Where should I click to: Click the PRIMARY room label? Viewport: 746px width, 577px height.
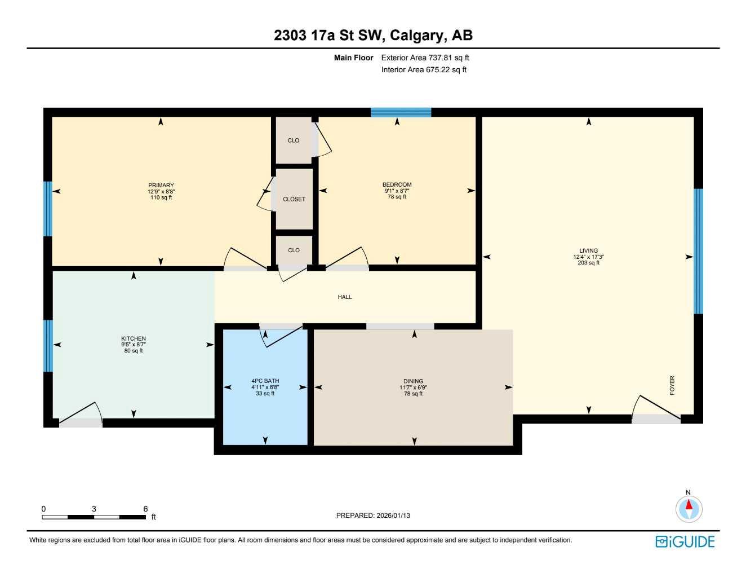click(x=161, y=186)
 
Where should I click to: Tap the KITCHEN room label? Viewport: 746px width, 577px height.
click(x=134, y=338)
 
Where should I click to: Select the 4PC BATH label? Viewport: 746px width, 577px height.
click(x=265, y=381)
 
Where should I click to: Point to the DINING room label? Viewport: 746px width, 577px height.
click(x=413, y=381)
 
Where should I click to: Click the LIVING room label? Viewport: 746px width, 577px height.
click(x=588, y=251)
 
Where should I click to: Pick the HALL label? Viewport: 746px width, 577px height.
click(x=345, y=297)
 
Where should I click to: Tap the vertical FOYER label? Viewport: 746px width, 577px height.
click(x=672, y=385)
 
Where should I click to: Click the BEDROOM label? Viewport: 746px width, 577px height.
click(x=397, y=185)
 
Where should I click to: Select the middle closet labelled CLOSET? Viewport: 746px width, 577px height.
click(x=294, y=199)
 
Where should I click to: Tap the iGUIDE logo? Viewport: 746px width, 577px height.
click(x=685, y=542)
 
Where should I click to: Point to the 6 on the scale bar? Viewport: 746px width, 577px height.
click(x=145, y=509)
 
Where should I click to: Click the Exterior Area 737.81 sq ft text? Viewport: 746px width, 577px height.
click(x=425, y=58)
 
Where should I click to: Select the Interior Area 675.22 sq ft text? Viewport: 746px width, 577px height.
click(x=424, y=70)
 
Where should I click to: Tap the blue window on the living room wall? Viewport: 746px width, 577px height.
click(x=698, y=251)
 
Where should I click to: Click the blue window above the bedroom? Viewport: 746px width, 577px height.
click(x=401, y=112)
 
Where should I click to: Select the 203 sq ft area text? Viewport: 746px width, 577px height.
click(x=588, y=263)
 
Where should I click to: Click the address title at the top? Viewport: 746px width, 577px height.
click(x=373, y=36)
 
